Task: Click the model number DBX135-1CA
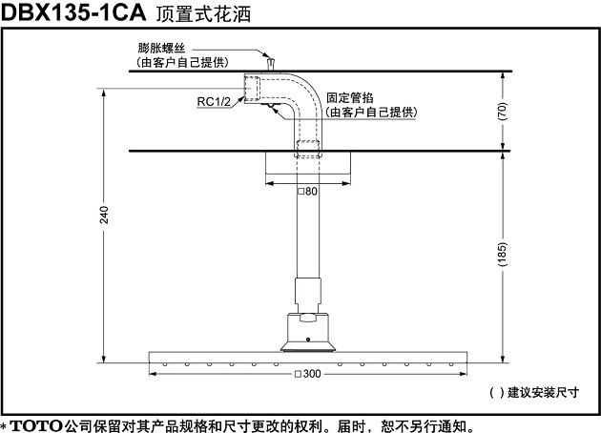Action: [x=73, y=12]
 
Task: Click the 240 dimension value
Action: [x=104, y=215]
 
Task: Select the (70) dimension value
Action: [x=502, y=112]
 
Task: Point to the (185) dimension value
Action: [x=502, y=254]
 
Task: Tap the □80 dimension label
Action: [x=308, y=191]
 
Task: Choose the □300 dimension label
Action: [x=308, y=374]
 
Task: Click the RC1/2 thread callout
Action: [x=214, y=101]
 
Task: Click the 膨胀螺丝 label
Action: [x=161, y=49]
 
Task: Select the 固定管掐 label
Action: [x=350, y=97]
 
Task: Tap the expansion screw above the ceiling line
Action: [x=271, y=64]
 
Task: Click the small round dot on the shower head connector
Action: [x=308, y=340]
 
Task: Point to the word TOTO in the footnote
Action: [x=36, y=425]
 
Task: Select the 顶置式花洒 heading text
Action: [x=203, y=14]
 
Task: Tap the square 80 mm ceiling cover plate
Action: [x=308, y=163]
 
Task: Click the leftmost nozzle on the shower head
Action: [x=165, y=364]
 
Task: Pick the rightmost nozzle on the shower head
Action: [x=451, y=364]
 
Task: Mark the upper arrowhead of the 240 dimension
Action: [x=104, y=93]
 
